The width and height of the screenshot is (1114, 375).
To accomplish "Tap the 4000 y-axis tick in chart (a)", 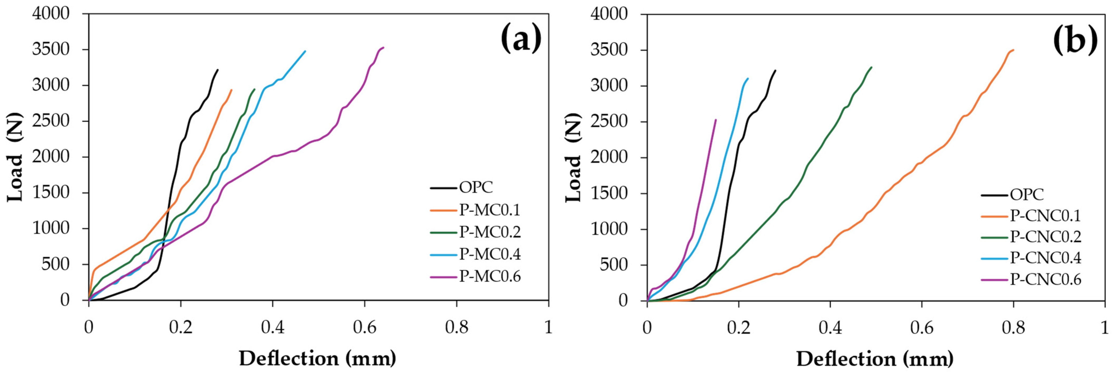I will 51,14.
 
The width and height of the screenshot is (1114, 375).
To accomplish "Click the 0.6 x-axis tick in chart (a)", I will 365,327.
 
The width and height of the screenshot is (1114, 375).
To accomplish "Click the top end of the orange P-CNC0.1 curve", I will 1013,50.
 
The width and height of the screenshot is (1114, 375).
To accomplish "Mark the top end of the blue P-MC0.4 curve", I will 305,51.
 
